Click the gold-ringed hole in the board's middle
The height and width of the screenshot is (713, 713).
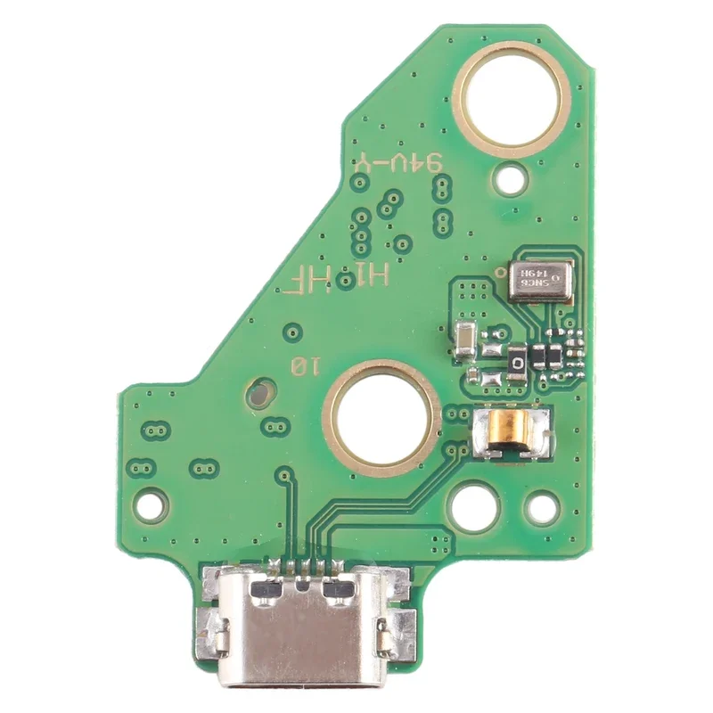point(382,416)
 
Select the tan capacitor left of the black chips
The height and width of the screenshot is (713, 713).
point(464,340)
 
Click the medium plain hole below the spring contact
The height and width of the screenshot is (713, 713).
point(474,504)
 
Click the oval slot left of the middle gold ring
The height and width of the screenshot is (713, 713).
point(259,389)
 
